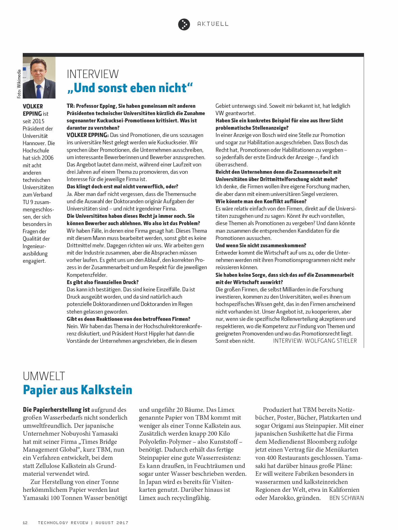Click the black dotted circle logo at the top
pos(184,24)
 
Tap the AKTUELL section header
pos(213,24)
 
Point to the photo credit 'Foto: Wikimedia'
pos(19,84)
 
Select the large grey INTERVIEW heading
pos(93,74)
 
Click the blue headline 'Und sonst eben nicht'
pos(130,88)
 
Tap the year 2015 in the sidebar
pos(39,121)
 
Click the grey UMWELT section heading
pos(44,376)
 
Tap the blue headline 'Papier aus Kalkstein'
pos(78,390)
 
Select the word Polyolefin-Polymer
pos(167,442)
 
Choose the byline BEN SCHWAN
pos(346,498)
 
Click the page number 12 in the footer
pos(25,523)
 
